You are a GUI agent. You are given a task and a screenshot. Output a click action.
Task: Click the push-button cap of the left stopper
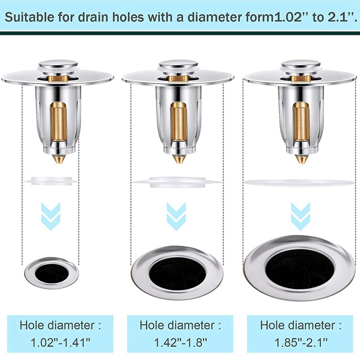tap(56, 65)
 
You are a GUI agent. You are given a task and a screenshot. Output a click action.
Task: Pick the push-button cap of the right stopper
tap(301, 66)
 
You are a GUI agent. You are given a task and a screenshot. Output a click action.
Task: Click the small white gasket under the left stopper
tap(51, 181)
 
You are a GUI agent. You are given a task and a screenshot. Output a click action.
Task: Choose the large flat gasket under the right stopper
tap(298, 182)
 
